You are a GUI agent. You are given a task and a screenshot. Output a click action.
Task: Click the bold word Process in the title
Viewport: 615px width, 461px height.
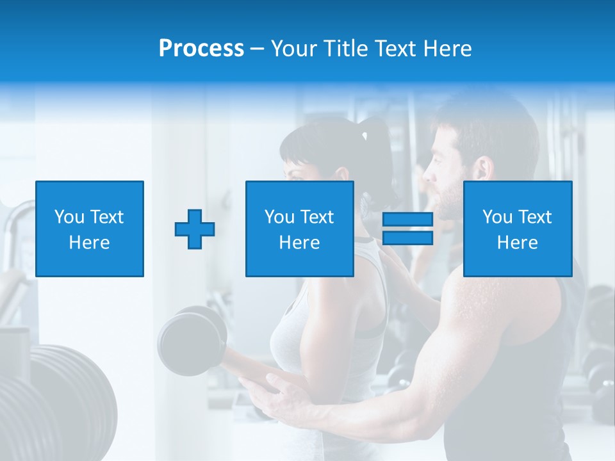point(201,49)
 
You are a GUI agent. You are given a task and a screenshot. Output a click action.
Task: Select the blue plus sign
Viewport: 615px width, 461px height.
point(195,229)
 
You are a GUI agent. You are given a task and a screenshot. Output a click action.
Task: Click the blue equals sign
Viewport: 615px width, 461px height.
point(407,229)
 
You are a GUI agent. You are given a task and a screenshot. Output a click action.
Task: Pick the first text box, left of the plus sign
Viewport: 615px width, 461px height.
point(90,229)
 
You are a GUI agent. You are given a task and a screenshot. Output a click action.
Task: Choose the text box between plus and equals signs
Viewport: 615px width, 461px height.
point(300,229)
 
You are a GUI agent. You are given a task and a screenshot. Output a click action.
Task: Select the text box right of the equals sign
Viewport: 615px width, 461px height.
point(518,229)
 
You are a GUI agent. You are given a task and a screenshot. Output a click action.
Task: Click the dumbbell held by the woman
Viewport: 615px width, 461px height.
point(191,339)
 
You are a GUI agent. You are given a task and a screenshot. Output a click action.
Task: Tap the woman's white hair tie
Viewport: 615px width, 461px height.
point(365,136)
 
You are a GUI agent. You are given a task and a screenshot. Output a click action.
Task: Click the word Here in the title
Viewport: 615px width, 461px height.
point(448,49)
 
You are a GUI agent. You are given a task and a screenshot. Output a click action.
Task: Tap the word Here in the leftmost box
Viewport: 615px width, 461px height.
point(90,243)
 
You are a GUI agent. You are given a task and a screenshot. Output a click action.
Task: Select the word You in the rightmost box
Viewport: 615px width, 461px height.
point(496,217)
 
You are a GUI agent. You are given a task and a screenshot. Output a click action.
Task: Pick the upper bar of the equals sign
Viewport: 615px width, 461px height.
point(407,220)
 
